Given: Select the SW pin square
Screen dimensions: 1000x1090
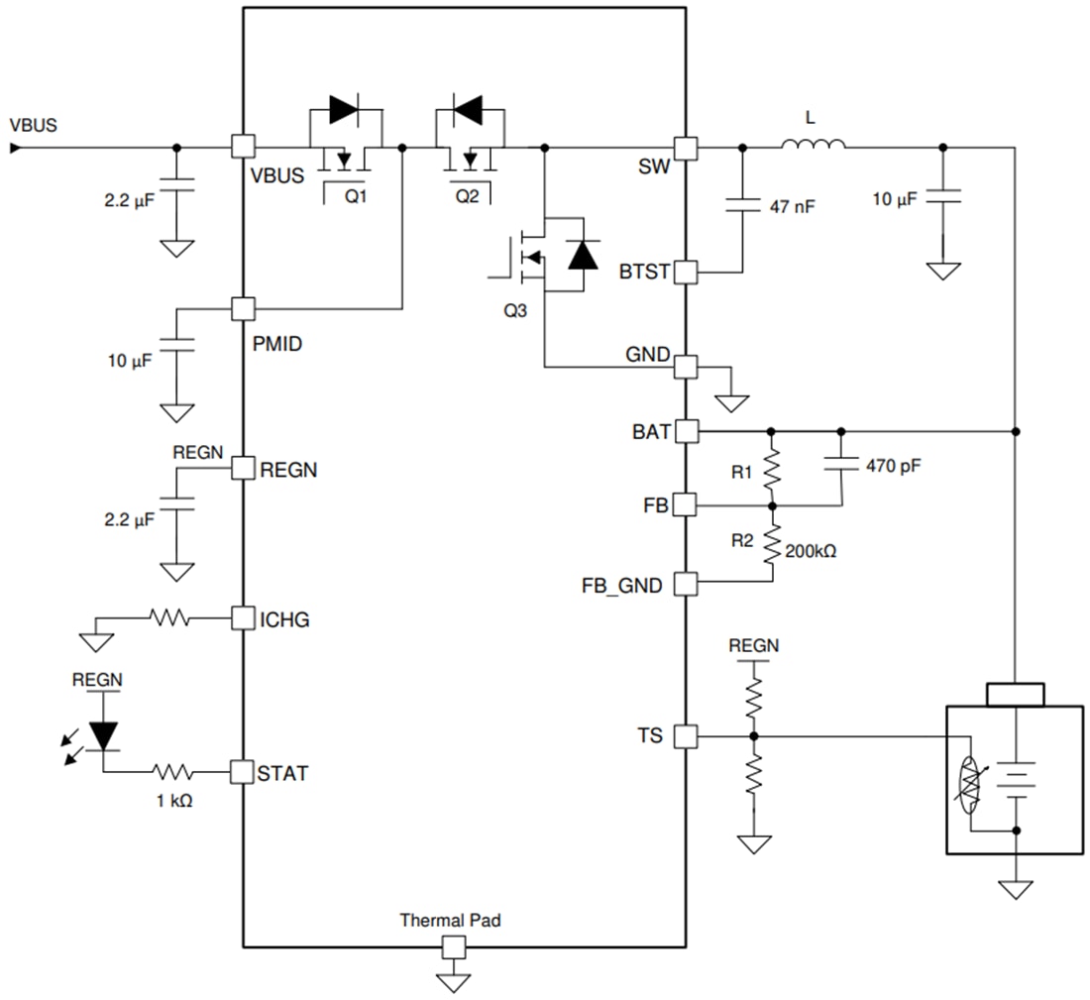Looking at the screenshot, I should click(x=686, y=147).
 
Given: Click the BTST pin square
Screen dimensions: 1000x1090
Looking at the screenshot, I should click(x=686, y=272).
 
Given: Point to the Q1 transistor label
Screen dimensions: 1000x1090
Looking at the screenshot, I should click(x=356, y=196).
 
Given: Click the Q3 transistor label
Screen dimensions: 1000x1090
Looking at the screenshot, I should click(x=515, y=310).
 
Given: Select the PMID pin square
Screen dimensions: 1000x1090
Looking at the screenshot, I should click(x=243, y=308).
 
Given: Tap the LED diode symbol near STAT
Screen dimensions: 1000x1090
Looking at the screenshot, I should click(x=104, y=734).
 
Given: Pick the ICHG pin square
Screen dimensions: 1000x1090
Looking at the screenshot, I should click(x=243, y=618).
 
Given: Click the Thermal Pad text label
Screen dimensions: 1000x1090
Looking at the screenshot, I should click(x=450, y=920).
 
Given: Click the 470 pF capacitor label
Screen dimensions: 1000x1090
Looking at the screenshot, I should click(x=893, y=464).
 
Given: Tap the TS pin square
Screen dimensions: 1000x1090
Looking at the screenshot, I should click(x=686, y=736).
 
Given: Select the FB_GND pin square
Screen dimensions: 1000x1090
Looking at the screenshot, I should click(x=686, y=584).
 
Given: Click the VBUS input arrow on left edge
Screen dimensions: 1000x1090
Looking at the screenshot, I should click(x=15, y=148).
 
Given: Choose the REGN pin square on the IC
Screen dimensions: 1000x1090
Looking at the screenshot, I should click(x=243, y=468).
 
